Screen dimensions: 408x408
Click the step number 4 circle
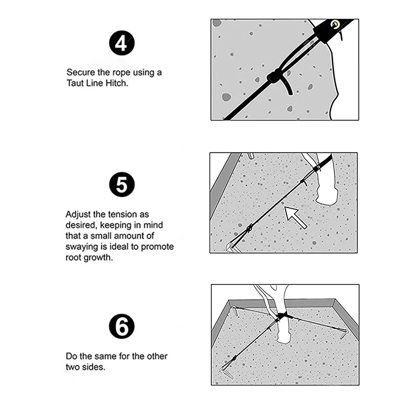(x=121, y=44)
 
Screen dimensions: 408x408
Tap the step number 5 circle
(x=121, y=186)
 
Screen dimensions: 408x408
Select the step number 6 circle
(x=121, y=327)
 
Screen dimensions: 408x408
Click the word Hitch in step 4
(x=118, y=83)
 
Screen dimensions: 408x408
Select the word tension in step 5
(x=124, y=214)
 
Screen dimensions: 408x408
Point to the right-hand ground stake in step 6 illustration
(x=344, y=331)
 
